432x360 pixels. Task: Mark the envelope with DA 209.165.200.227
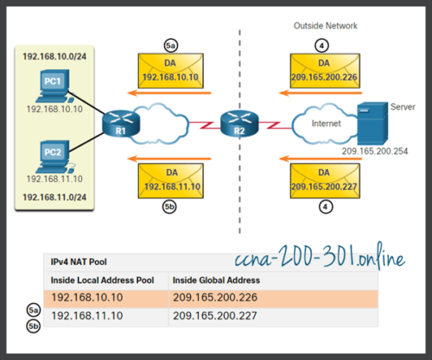pyautogui.click(x=325, y=180)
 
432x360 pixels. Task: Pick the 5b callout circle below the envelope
pyautogui.click(x=171, y=207)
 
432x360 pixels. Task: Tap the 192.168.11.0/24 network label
pyautogui.click(x=57, y=198)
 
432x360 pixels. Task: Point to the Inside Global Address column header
pyautogui.click(x=216, y=280)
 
